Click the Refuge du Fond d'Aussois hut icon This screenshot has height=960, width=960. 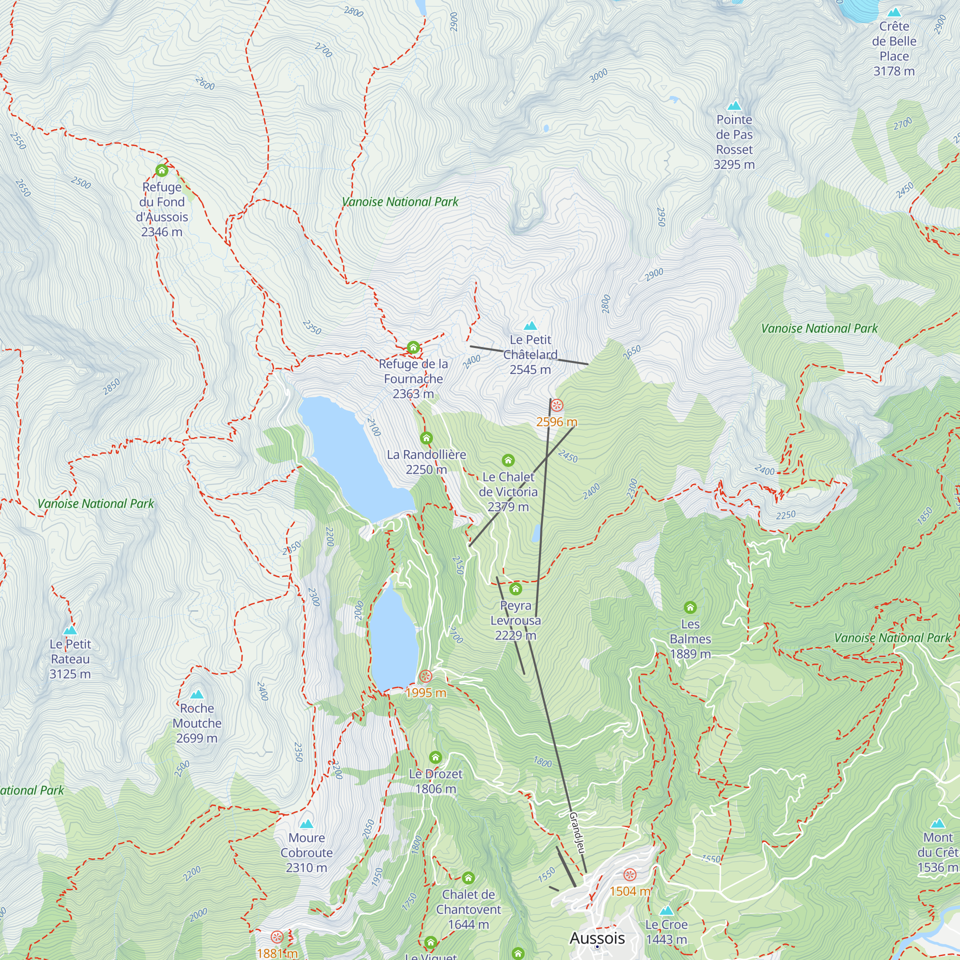pyautogui.click(x=161, y=171)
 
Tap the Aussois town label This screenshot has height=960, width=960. pyautogui.click(x=597, y=937)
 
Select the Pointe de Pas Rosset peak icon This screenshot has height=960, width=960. pyautogui.click(x=734, y=106)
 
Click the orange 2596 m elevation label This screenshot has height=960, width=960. pyautogui.click(x=556, y=422)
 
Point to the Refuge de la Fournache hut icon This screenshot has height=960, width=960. pyautogui.click(x=413, y=348)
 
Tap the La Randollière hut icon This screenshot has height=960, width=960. pyautogui.click(x=426, y=438)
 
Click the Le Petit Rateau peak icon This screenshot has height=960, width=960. pyautogui.click(x=70, y=630)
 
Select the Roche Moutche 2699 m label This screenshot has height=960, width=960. pyautogui.click(x=197, y=723)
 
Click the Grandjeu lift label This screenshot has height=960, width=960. pyautogui.click(x=577, y=833)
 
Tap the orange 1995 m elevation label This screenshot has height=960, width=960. pyautogui.click(x=426, y=693)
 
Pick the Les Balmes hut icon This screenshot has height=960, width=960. pyautogui.click(x=690, y=607)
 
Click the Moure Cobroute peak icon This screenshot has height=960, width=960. pyautogui.click(x=307, y=824)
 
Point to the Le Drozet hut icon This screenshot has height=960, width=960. pyautogui.click(x=435, y=757)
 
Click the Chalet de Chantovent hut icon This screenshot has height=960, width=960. pyautogui.click(x=468, y=877)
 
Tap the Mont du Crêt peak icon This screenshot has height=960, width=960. pyautogui.click(x=937, y=823)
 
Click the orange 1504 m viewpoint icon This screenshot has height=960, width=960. pyautogui.click(x=630, y=875)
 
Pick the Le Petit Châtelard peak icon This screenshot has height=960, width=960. pyautogui.click(x=530, y=326)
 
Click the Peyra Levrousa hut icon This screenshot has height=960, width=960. pyautogui.click(x=515, y=589)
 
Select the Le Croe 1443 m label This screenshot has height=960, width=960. pyautogui.click(x=666, y=932)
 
